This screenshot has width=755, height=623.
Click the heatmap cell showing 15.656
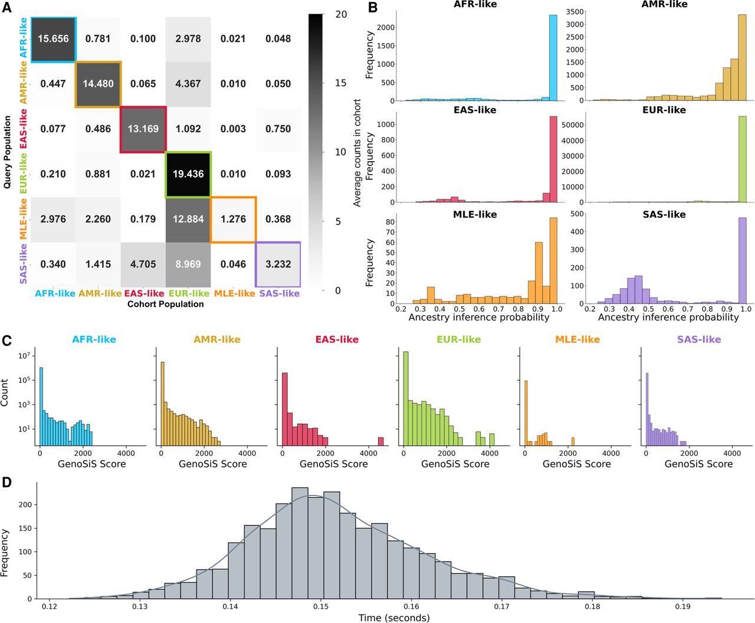point(53,39)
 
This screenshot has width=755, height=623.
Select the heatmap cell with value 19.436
point(188,174)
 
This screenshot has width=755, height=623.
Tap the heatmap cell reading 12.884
point(188,219)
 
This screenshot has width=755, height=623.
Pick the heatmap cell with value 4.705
point(143,265)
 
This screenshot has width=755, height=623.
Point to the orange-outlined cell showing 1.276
point(233,219)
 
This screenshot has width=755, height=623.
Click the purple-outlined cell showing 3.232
point(278,265)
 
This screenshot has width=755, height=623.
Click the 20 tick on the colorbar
point(340,15)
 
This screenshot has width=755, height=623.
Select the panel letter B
point(373,8)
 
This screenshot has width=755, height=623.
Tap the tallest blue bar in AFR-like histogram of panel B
point(553,58)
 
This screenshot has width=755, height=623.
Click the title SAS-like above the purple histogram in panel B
point(664,215)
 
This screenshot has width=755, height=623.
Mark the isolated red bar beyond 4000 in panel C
point(381,441)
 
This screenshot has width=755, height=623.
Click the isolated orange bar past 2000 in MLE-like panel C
point(573,442)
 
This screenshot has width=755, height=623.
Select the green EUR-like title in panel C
point(458,340)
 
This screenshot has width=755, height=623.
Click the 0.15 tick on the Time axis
point(321,606)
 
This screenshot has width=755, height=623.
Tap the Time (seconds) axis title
point(394,618)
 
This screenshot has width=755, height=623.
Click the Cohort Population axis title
point(166,304)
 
